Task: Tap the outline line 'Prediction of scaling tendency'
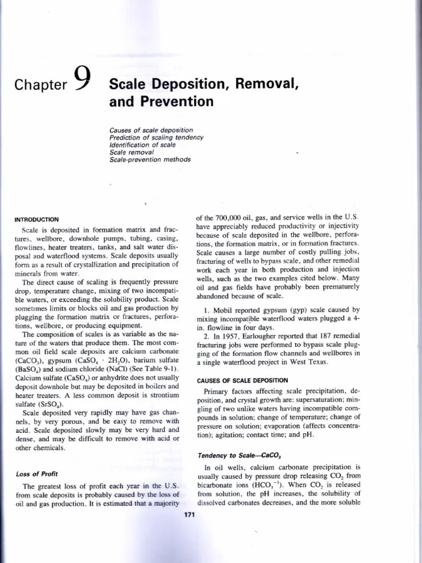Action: (x=157, y=137)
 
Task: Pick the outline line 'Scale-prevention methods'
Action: (x=150, y=159)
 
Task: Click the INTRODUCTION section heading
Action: (x=37, y=219)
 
